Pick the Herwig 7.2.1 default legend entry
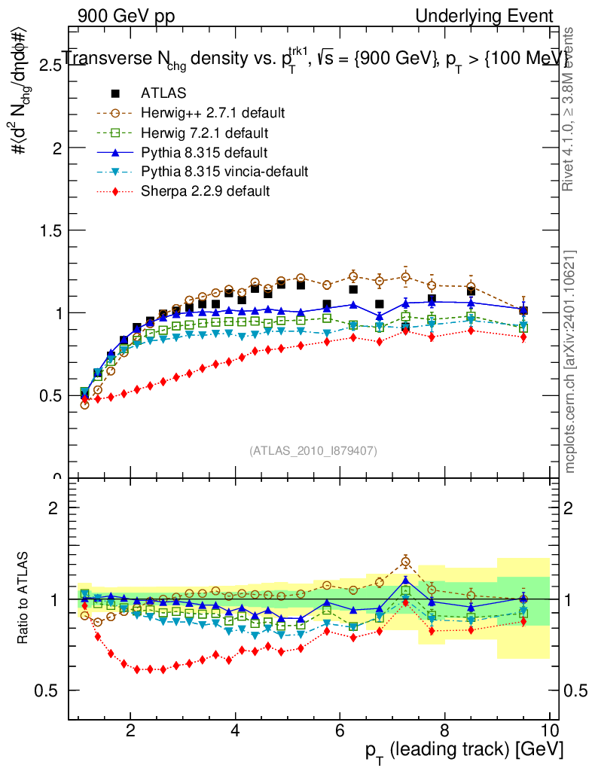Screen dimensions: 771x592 point(205,133)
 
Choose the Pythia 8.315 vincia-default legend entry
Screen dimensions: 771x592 point(224,172)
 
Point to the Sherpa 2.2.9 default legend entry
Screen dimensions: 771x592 point(205,191)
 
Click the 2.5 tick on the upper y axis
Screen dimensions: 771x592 point(50,66)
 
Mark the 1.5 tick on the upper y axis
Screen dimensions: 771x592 point(50,230)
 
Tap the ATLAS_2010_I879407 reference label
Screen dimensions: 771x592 point(313,450)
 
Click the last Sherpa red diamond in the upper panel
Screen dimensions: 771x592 point(523,337)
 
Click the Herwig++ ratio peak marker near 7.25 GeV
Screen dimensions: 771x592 point(406,561)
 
